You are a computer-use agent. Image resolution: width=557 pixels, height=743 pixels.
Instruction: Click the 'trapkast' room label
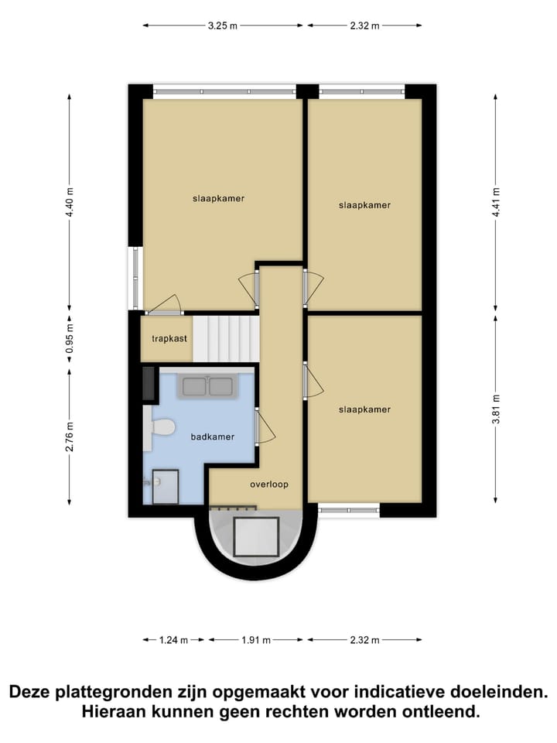[x=169, y=338]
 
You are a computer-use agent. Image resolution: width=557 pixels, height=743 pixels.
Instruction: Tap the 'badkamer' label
[x=212, y=437]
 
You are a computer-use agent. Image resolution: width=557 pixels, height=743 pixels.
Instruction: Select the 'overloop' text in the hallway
[x=268, y=484]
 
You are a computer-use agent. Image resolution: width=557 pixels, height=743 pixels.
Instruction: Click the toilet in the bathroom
[x=161, y=427]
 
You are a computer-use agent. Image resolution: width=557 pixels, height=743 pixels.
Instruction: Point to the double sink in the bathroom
[x=207, y=385]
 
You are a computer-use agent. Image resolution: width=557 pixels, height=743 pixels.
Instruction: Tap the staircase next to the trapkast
[x=225, y=338]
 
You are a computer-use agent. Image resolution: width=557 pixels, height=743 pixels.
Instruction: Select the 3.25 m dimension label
[x=222, y=26]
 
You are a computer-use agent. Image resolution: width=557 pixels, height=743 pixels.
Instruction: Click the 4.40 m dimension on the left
[x=70, y=202]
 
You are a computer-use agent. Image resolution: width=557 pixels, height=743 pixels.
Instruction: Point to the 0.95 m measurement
[x=70, y=338]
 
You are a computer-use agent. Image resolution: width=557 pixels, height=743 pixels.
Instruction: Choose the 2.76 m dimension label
[x=70, y=437]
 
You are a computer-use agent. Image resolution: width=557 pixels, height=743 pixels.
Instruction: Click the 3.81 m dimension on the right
[x=496, y=409]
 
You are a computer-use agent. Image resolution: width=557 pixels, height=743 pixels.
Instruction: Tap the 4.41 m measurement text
[x=496, y=202]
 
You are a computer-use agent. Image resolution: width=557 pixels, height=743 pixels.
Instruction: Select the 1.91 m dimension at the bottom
[x=255, y=640]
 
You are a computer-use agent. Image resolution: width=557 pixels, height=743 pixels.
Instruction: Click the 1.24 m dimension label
[x=174, y=640]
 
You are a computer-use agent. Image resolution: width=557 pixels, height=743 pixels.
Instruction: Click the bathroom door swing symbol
[x=264, y=427]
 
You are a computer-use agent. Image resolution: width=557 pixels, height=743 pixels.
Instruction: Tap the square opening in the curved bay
[x=256, y=537]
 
